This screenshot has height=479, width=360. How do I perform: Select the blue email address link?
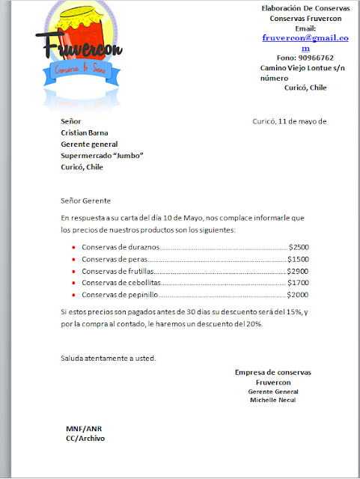click(x=305, y=41)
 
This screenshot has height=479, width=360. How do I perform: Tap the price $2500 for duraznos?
click(x=299, y=246)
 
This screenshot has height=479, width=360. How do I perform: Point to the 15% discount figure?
click(x=295, y=311)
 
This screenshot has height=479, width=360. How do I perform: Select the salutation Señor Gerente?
click(x=86, y=201)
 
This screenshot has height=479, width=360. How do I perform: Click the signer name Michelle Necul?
click(x=272, y=400)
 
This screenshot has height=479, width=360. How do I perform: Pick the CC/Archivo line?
click(x=85, y=439)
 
